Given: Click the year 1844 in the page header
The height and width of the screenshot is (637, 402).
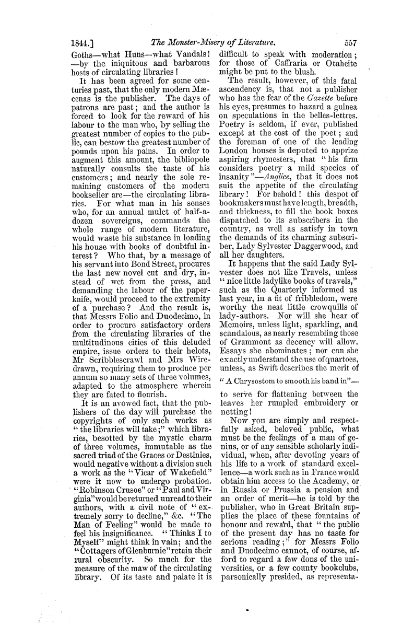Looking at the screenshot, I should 82,44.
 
